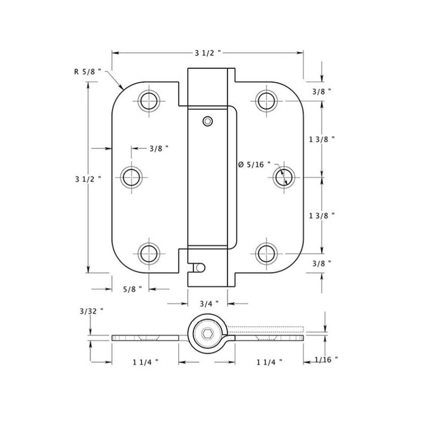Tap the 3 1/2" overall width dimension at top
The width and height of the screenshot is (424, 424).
[x=207, y=53]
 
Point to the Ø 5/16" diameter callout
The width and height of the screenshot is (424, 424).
[x=254, y=165]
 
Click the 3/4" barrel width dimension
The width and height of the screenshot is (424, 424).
[x=208, y=304]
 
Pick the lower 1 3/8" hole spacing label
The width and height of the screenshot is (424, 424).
[x=322, y=215]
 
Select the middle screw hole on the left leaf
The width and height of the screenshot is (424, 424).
[x=132, y=176]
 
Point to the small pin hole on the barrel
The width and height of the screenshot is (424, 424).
[x=208, y=121]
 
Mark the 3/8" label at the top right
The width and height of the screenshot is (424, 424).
[x=322, y=92]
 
